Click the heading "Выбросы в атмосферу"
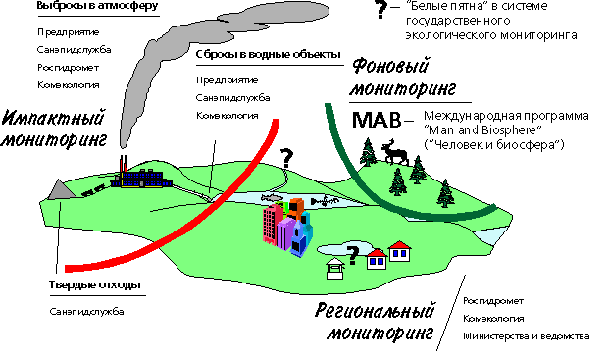click(x=97, y=6)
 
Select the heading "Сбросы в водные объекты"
click(x=269, y=54)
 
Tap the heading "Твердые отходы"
click(x=94, y=284)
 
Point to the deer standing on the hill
click(x=395, y=152)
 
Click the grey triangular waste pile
click(x=61, y=189)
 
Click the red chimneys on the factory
click(x=124, y=164)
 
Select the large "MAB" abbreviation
click(x=376, y=121)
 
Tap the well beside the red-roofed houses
click(x=335, y=269)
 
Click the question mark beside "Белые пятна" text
click(x=381, y=10)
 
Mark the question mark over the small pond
click(x=352, y=256)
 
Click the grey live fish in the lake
click(x=272, y=198)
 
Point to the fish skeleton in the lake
click(x=325, y=201)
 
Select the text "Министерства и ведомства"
click(x=527, y=335)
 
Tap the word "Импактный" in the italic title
click(x=53, y=118)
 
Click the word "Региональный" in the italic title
click(x=375, y=310)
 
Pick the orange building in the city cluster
click(x=295, y=208)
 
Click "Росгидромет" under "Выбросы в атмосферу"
click(x=69, y=68)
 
